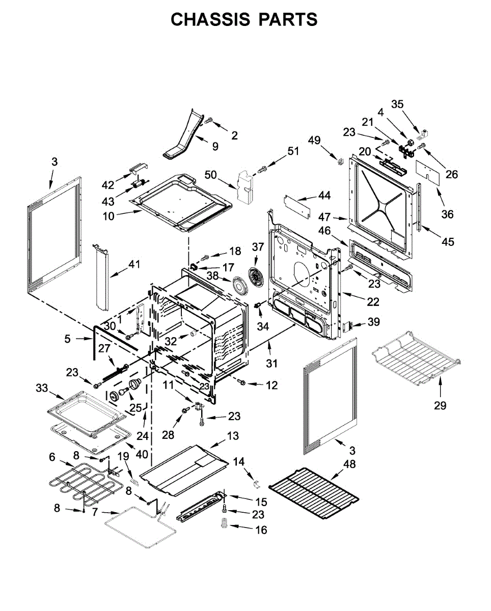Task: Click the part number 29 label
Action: (440, 405)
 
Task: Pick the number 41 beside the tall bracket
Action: (134, 264)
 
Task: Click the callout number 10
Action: (108, 216)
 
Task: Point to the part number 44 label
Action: (324, 195)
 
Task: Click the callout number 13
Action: (233, 436)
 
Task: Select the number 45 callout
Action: (447, 241)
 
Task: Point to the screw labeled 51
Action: (263, 169)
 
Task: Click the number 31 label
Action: (272, 364)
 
